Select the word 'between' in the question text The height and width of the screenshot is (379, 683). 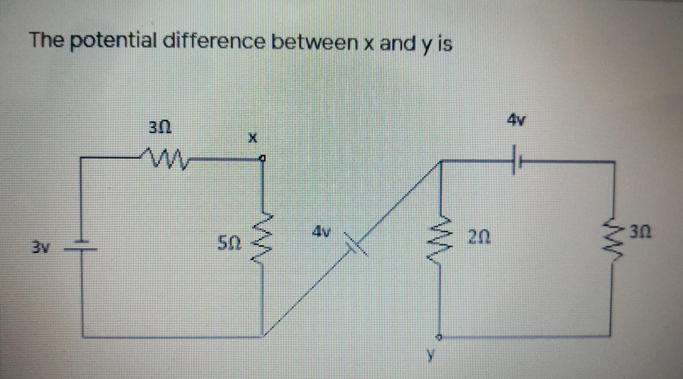tap(315, 43)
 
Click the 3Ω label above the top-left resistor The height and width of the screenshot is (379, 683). tap(160, 127)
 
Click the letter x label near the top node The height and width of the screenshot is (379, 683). tap(252, 138)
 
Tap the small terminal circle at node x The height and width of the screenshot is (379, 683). tap(262, 158)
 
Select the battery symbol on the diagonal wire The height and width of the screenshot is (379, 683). tap(356, 244)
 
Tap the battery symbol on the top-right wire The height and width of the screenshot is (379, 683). tap(516, 162)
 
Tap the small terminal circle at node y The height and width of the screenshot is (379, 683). tap(440, 336)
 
